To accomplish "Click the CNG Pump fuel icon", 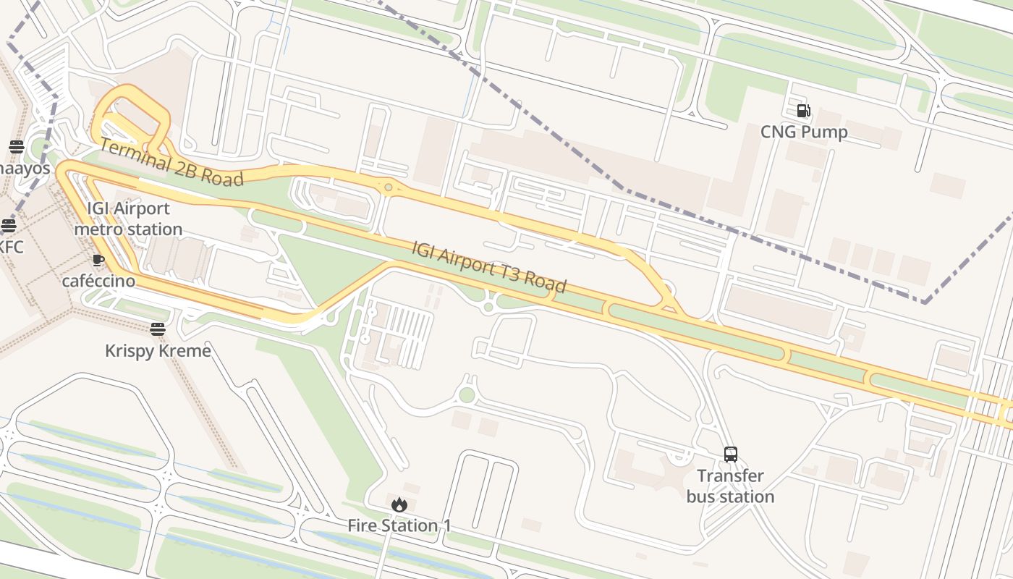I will (803, 111).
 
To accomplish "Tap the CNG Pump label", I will (803, 132).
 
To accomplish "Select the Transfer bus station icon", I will (731, 455).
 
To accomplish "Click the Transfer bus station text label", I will (730, 486).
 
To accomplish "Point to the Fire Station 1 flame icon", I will (399, 504).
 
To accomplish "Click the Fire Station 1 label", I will (399, 525).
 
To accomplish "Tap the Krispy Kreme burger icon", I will (158, 329).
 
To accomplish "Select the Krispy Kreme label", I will (158, 351).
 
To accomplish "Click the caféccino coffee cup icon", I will (98, 260).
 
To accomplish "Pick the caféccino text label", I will (98, 281).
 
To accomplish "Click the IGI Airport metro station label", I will (128, 219).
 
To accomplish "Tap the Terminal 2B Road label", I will (171, 161).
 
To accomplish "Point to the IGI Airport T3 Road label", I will (488, 266).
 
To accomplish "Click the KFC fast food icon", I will (8, 225).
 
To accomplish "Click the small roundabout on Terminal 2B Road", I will (389, 187).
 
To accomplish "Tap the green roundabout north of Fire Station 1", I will (467, 394).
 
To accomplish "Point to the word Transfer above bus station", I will (730, 476).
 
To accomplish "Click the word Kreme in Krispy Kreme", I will (187, 351).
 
